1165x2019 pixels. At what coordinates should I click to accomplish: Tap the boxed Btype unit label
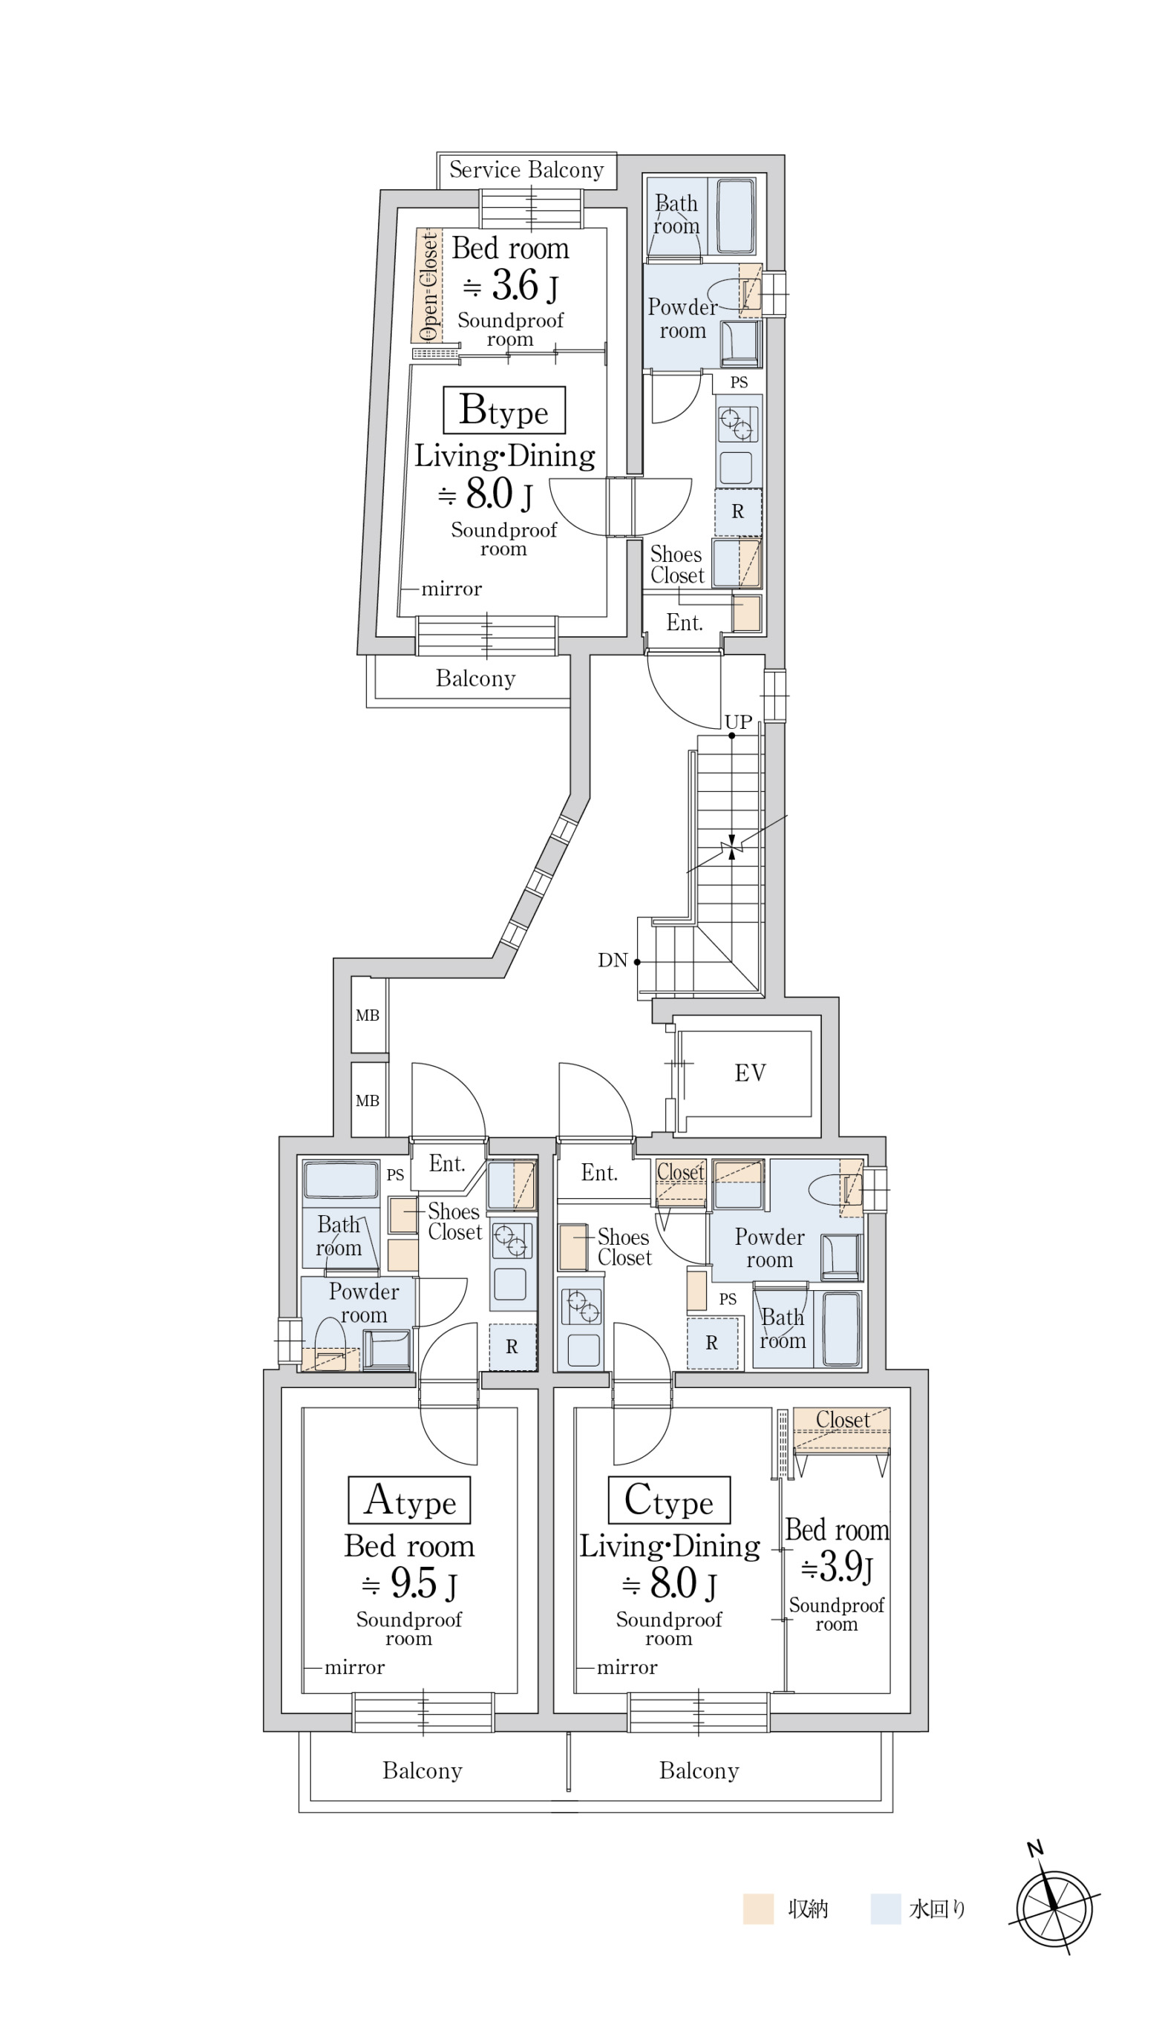(504, 410)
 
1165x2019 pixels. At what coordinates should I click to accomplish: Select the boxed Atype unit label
(409, 1500)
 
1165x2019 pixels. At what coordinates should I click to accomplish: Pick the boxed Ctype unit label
(669, 1500)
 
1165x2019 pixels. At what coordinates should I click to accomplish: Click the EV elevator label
(750, 1073)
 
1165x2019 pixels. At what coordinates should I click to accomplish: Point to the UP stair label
(738, 721)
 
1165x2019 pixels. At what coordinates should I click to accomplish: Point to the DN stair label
(612, 960)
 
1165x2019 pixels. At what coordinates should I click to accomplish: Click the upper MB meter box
(368, 1015)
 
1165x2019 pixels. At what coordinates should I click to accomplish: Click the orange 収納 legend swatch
(757, 1908)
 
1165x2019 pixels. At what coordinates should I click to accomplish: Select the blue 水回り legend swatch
(886, 1908)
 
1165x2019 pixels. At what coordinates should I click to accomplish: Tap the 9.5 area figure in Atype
(414, 1583)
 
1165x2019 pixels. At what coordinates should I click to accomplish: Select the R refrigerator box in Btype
(738, 511)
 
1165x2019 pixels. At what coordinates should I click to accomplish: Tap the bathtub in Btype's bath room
(735, 216)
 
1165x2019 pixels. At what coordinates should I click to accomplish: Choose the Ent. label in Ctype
(599, 1174)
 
